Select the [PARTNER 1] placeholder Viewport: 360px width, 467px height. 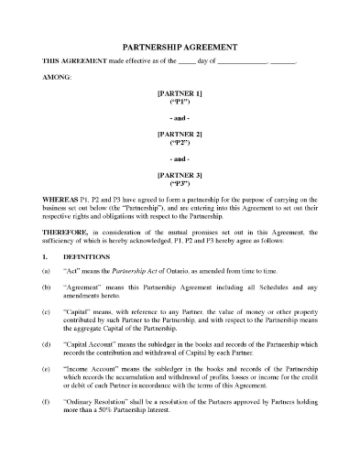point(180,93)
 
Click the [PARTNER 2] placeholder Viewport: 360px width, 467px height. point(180,132)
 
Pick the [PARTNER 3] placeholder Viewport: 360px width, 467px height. point(180,171)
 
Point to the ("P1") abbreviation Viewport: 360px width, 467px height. point(180,103)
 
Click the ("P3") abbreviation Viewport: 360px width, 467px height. point(180,181)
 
